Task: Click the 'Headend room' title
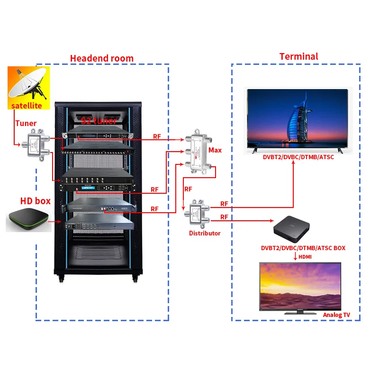(x=102, y=58)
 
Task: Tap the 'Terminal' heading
(x=298, y=56)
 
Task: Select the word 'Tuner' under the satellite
(x=26, y=123)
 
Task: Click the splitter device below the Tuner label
(x=36, y=143)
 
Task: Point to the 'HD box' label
(x=35, y=201)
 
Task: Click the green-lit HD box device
(x=28, y=219)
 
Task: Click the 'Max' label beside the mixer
(x=215, y=150)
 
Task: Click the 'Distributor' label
(x=205, y=233)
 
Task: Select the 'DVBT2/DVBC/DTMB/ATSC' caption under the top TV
(x=298, y=157)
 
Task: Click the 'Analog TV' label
(x=336, y=315)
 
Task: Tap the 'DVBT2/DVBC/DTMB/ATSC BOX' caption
(x=303, y=248)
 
